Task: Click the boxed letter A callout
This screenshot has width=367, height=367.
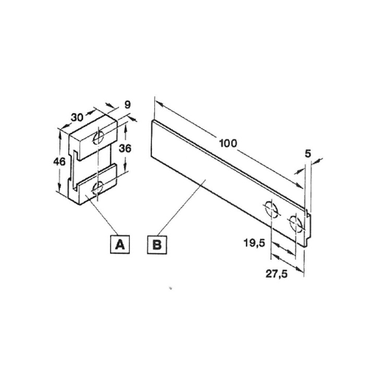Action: pos(120,244)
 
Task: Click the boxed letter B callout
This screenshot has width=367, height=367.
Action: pos(157,244)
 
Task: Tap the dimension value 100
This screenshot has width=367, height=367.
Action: pos(228,143)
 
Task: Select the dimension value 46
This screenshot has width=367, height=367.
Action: pos(59,161)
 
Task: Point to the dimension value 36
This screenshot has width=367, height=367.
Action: pos(125,148)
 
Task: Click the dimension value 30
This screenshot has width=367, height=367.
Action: pos(77,117)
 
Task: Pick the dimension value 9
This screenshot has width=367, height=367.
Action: pos(128,105)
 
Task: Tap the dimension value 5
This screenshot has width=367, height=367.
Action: pos(308,153)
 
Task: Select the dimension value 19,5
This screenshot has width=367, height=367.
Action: pos(254,243)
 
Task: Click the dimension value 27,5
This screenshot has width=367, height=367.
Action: pos(277,274)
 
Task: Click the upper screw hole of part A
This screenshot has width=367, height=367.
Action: pos(98,137)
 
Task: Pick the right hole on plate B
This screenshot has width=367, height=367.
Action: pos(296,222)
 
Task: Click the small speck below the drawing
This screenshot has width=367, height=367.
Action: pos(170,288)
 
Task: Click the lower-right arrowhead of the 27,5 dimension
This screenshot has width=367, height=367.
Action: pos(299,269)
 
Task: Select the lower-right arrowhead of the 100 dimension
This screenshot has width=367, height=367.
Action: pos(299,186)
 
